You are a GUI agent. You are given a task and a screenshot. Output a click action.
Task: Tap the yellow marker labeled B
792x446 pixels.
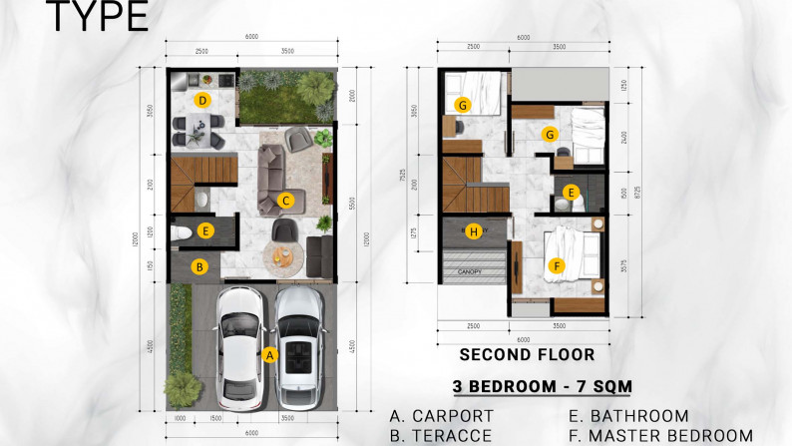tap(200, 266)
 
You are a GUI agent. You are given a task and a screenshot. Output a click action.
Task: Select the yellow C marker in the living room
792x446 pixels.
tap(285, 201)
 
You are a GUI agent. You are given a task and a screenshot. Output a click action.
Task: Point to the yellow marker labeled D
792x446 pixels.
tap(201, 100)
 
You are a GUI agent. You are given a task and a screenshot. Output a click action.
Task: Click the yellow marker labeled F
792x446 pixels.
tap(557, 265)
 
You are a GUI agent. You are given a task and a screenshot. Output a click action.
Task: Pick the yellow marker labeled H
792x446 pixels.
tap(474, 231)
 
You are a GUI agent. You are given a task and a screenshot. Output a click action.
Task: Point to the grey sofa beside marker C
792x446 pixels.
tap(269, 179)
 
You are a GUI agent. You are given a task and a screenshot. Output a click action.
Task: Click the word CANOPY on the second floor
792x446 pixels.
tap(472, 270)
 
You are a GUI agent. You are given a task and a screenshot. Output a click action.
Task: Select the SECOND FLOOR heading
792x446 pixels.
tap(527, 354)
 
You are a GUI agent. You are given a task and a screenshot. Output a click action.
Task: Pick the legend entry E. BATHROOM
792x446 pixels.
tap(628, 416)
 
